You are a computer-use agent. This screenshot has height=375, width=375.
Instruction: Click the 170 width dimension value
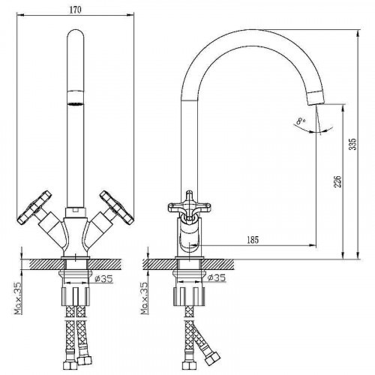click(x=75, y=10)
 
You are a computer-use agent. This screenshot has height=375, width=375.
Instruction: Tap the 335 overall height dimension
click(x=352, y=144)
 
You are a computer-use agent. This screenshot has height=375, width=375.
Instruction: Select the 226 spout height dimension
click(x=337, y=181)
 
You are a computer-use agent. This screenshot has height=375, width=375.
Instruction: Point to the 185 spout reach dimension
click(x=253, y=240)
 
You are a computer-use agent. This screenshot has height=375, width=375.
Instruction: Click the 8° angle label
click(x=300, y=121)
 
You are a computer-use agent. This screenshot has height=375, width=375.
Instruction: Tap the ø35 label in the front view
click(x=104, y=278)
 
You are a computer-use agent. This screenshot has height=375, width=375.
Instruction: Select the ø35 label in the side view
click(x=217, y=277)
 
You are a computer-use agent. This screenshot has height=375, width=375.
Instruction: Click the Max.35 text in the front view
click(x=17, y=298)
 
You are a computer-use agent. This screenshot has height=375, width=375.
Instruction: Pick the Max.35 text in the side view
click(x=144, y=298)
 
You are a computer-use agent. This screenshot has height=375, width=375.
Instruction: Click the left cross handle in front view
click(x=34, y=207)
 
